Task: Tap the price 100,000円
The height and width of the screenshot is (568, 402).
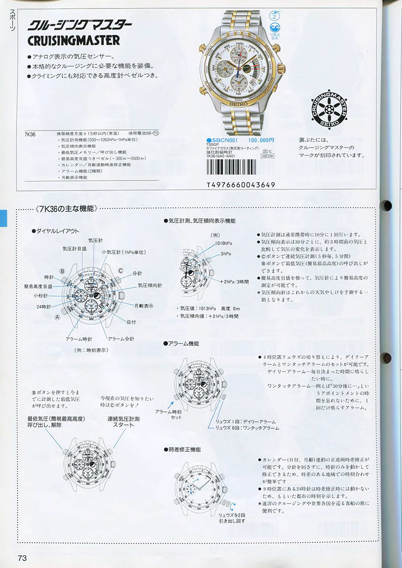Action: point(261,140)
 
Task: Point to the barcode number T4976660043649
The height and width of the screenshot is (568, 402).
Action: point(241,185)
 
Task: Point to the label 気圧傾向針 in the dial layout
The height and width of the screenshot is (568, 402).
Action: point(150,285)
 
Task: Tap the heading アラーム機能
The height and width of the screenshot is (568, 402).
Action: point(183,343)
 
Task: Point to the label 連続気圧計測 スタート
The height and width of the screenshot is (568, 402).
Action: point(123,421)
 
